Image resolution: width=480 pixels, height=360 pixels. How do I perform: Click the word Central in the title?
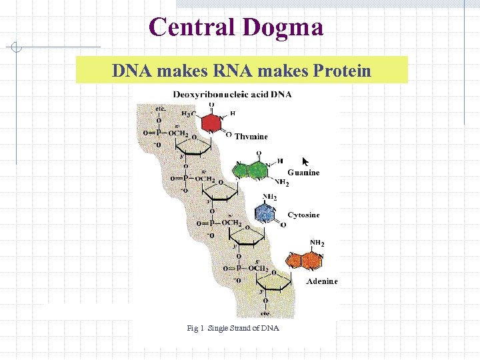pos(193,27)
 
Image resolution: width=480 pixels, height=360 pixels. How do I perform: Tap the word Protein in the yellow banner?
pos(337,70)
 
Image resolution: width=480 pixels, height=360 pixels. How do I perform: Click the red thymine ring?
pos(212,123)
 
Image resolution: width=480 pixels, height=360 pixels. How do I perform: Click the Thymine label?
pos(251,137)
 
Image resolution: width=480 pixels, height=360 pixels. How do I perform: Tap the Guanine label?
pos(303,173)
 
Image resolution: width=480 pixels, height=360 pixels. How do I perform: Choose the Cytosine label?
pos(303,215)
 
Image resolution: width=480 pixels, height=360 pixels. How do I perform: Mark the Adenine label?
pos(322,281)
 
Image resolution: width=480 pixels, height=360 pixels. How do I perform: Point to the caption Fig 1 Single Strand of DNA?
pos(233,328)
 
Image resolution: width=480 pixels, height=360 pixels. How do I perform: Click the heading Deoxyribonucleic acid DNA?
pos(232,95)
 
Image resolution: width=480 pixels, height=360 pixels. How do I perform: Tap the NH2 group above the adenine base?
pos(317,243)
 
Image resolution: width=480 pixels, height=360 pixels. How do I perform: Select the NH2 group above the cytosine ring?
pos(270,197)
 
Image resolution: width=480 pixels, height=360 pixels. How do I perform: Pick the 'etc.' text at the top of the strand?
pos(161,108)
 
